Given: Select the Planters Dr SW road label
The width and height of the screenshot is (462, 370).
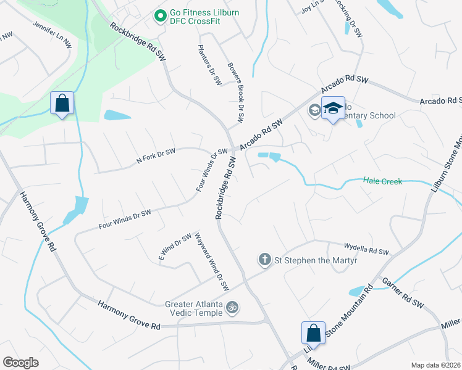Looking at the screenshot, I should tap(210, 64).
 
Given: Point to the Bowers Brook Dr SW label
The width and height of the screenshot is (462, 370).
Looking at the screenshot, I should tap(236, 92).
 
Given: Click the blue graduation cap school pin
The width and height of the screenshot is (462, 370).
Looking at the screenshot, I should tap(333, 109).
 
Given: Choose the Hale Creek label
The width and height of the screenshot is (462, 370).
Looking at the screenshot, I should tap(383, 181).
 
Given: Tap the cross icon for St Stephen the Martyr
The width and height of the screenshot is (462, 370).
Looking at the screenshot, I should tap(264, 259).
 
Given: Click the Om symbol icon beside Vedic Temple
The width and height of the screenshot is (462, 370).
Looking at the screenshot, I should tap(232, 306).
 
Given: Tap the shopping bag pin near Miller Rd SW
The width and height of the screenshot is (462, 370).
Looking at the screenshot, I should tap(313, 332).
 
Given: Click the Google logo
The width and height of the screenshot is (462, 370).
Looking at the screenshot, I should tap(20, 362).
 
